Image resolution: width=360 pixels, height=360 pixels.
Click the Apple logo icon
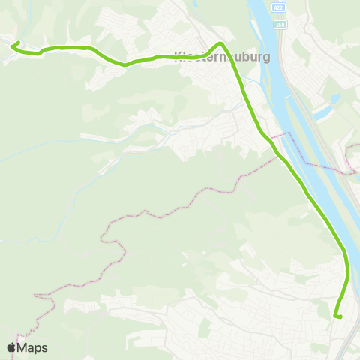click(x=11, y=347)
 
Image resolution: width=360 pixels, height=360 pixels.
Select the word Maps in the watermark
click(x=34, y=347)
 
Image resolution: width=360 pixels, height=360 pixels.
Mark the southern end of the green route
click(x=340, y=317)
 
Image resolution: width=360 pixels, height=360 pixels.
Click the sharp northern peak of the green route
click(x=220, y=43)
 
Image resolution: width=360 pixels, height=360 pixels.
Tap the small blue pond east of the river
click(x=323, y=113)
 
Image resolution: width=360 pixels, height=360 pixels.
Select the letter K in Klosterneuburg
click(x=178, y=56)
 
